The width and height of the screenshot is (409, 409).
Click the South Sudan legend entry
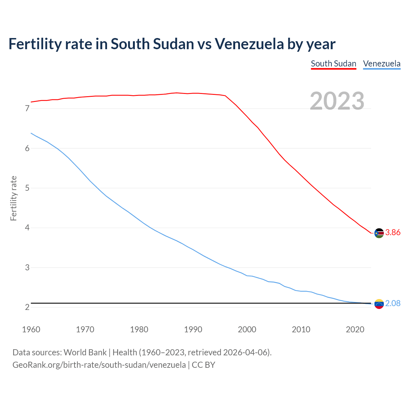pos(333,64)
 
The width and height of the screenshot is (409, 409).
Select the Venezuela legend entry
pos(382,64)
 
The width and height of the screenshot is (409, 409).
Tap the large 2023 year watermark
pos(337,101)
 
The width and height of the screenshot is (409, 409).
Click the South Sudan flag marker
pos(379,233)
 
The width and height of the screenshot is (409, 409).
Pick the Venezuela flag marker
pos(379,304)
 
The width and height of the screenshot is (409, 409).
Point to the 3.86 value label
pos(393,233)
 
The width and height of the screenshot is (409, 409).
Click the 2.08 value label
pos(393,304)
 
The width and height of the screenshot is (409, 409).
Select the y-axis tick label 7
pos(27,109)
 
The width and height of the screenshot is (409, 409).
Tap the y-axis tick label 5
pos(27,188)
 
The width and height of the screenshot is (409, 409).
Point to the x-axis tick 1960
pos(31,329)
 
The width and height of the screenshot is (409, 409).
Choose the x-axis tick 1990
pos(193,329)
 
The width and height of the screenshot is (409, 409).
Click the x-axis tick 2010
pos(301,329)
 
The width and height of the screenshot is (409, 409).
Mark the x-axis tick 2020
pos(355,329)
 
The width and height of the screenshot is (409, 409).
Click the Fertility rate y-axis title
pos(13,198)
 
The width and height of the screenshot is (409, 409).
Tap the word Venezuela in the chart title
pos(249,44)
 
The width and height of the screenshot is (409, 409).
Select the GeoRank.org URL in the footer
pos(99,365)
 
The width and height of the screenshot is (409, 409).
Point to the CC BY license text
pos(204,365)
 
